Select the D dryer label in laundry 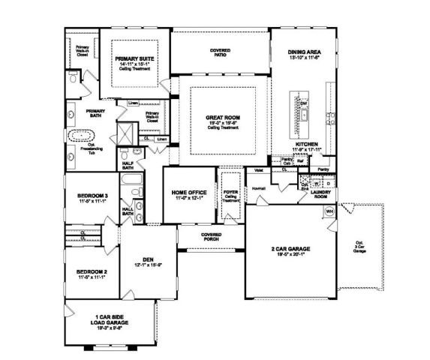[329, 183]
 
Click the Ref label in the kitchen [299, 160]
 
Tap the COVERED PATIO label [220, 51]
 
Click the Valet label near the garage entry [257, 170]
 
